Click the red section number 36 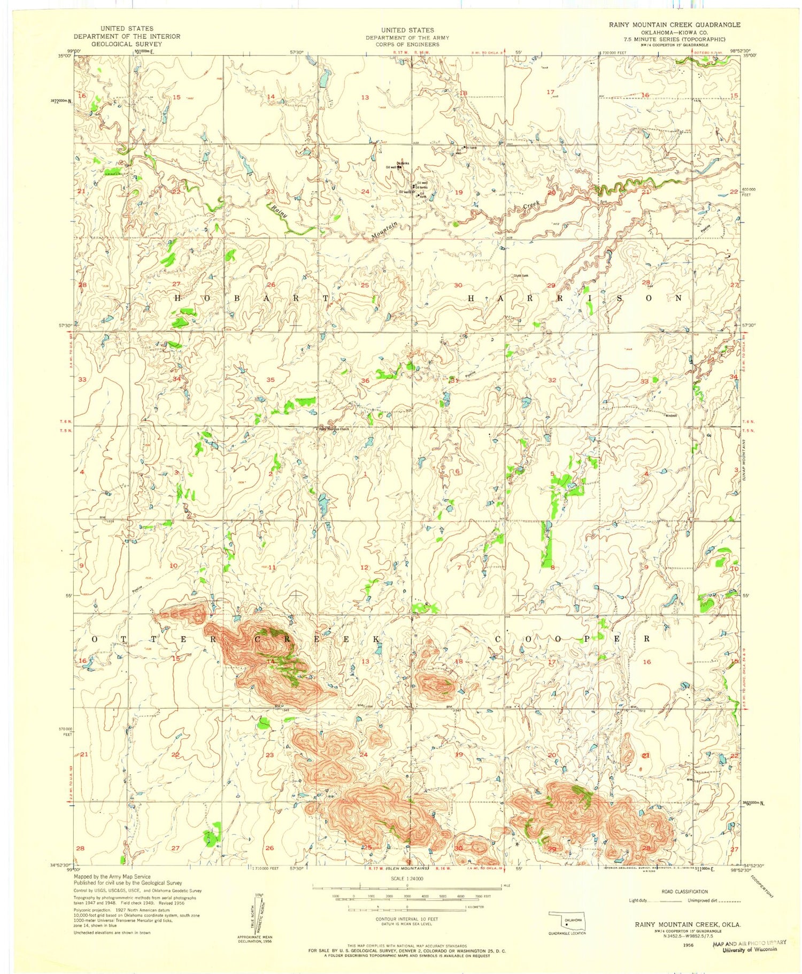pos(365,381)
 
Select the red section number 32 pos(552,380)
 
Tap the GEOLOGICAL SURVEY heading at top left pos(127,44)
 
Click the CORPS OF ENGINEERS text pos(407,44)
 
